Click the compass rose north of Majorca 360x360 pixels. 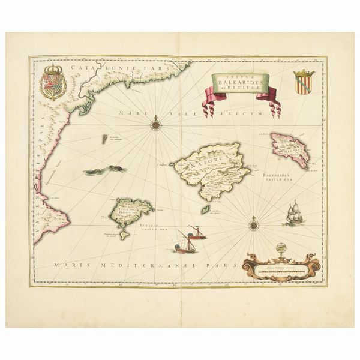click(x=155, y=125)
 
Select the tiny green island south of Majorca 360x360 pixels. click(x=205, y=209)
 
